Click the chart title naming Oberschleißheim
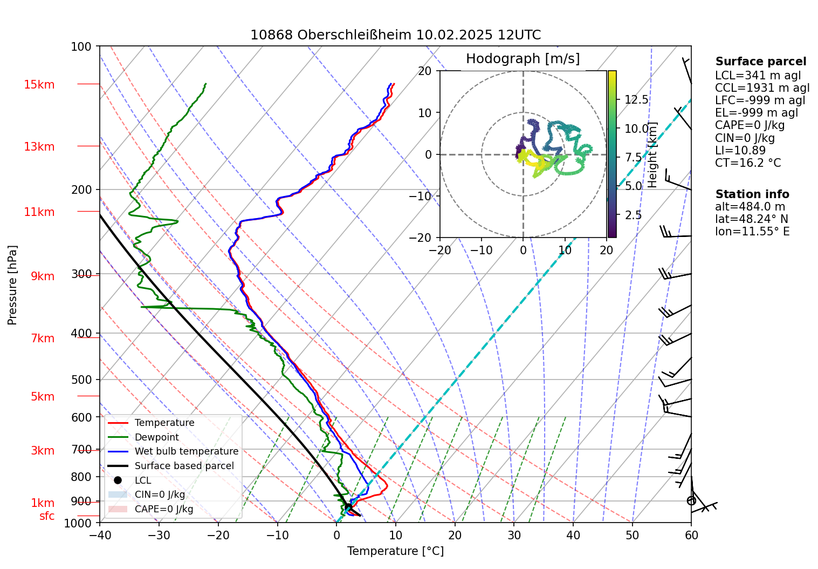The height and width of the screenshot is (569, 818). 395,35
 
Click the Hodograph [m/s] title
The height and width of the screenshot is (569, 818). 523,58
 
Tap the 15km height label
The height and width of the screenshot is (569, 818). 39,85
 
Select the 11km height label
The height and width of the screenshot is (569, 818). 39,212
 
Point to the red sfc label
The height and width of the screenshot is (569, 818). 47,516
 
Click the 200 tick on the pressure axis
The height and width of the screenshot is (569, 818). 81,189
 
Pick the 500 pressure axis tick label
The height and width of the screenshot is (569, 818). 81,380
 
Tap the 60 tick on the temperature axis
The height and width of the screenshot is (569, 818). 691,535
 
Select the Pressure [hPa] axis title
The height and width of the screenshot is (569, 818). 12,285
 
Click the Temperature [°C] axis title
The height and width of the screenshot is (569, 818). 395,551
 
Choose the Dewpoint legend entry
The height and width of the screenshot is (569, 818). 156,437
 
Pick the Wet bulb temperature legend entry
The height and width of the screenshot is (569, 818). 186,451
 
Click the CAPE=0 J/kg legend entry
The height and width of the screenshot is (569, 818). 163,509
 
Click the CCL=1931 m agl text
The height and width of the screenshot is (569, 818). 762,88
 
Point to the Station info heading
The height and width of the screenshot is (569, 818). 752,194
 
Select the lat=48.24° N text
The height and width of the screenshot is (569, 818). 751,219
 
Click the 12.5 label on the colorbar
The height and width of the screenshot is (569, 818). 636,99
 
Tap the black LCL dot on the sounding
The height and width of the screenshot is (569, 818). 348,507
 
